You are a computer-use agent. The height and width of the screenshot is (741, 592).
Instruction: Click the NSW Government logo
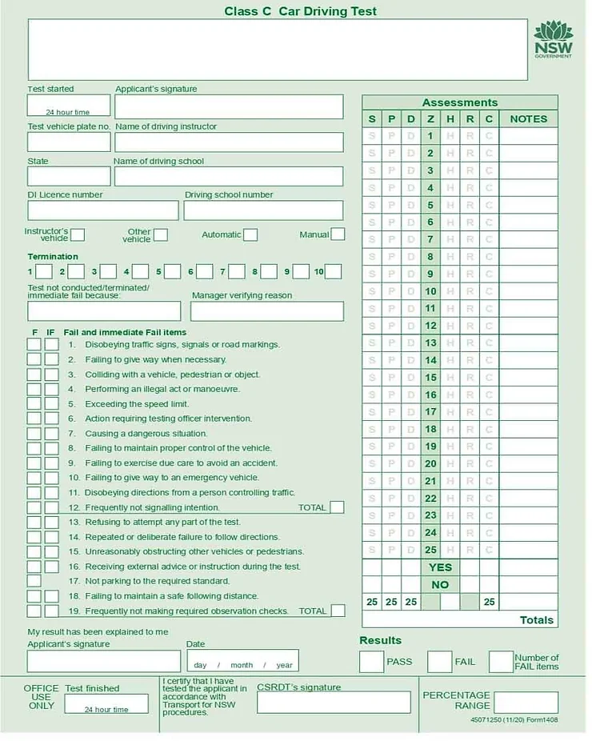tap(554, 40)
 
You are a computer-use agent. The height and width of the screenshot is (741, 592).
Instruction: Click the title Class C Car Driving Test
tap(300, 11)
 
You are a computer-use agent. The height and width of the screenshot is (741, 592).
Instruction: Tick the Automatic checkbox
tap(250, 234)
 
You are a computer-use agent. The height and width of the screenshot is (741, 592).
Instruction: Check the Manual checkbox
tap(338, 234)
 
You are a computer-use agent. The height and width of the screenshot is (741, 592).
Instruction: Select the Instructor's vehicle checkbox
tap(78, 234)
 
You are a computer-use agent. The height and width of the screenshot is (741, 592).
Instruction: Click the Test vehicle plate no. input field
tap(69, 142)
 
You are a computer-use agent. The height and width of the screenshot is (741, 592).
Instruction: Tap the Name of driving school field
tap(228, 176)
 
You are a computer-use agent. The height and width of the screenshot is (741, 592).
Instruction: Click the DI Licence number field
tap(102, 210)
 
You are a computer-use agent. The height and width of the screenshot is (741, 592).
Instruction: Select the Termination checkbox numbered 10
tap(334, 271)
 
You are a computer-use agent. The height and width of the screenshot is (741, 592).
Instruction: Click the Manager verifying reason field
tap(267, 311)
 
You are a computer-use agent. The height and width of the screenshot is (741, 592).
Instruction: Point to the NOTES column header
tap(529, 119)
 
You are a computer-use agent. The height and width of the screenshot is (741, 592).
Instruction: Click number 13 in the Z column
tap(431, 342)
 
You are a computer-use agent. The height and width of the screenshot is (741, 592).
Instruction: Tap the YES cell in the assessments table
tap(440, 567)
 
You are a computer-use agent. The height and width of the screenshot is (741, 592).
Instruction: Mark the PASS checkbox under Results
tap(371, 662)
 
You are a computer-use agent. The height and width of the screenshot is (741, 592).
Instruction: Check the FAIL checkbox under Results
tap(439, 662)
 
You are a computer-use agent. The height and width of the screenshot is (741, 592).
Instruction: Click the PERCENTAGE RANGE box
tap(526, 703)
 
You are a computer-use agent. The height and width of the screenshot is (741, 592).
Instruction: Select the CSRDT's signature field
tap(333, 702)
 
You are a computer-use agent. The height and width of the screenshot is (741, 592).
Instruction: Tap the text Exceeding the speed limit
tap(137, 404)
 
